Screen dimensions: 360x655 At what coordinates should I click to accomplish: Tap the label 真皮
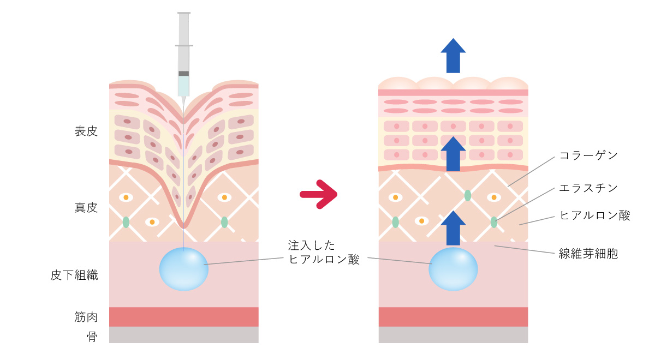[86, 208]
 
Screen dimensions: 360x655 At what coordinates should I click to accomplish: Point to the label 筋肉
[86, 317]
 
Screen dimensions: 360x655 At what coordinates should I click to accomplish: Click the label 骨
[92, 337]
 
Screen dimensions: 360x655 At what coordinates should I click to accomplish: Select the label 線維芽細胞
[588, 254]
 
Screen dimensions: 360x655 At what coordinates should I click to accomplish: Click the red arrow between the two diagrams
[319, 194]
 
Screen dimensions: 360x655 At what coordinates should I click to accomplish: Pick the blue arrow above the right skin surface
[453, 55]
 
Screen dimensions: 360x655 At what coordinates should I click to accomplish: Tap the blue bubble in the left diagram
[184, 269]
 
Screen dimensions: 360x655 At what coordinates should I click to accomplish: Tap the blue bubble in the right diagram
[453, 269]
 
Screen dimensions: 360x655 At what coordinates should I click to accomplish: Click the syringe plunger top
[184, 13]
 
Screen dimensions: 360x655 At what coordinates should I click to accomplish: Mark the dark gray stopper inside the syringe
[184, 73]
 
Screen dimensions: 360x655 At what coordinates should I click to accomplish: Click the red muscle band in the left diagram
[184, 317]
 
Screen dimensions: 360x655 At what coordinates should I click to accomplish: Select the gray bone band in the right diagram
[453, 335]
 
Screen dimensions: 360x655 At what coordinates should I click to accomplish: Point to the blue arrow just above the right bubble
[453, 227]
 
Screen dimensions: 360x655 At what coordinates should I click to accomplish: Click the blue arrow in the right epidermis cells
[453, 154]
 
